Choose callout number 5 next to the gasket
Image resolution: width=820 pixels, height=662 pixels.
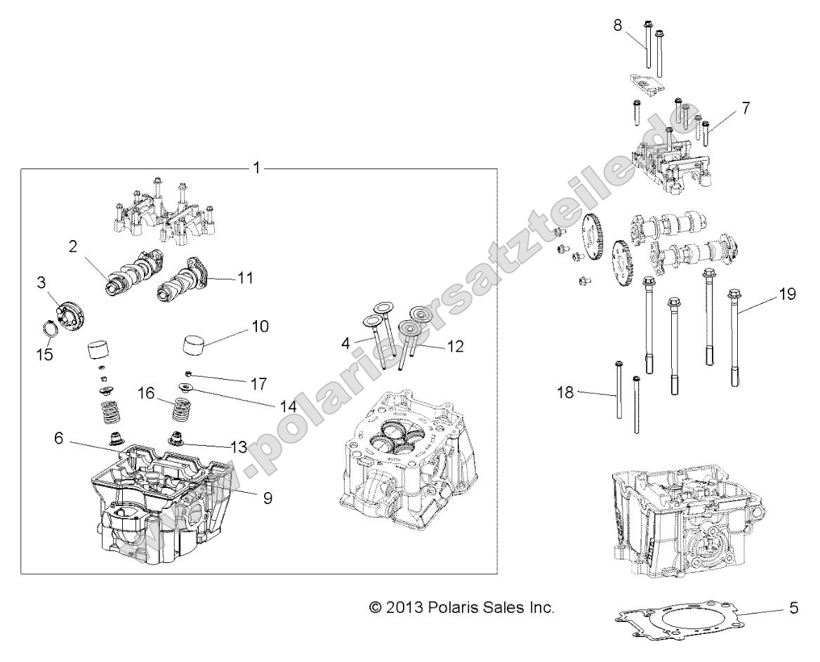[794, 607]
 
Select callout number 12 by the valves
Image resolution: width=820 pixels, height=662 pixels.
[456, 346]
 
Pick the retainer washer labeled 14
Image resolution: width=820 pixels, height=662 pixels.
[187, 388]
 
